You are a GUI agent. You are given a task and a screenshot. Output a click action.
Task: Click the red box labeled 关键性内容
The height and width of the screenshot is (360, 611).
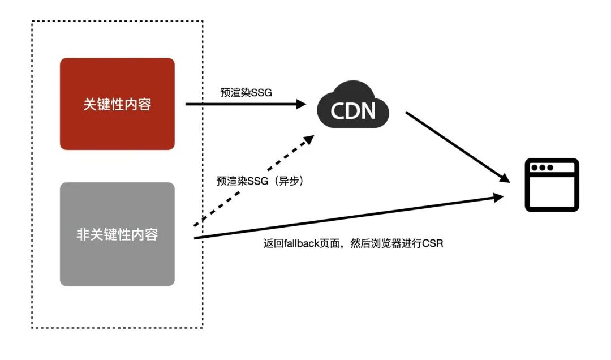pyautogui.click(x=117, y=104)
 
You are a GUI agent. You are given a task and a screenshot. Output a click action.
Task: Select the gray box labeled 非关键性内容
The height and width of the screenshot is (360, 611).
pyautogui.click(x=117, y=234)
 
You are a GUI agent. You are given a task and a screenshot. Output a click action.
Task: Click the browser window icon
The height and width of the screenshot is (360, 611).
pyautogui.click(x=552, y=185)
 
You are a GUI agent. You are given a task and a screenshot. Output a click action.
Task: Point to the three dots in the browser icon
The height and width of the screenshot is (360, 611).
pyautogui.click(x=541, y=168)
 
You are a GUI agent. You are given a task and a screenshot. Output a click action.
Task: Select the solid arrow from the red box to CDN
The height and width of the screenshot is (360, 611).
pyautogui.click(x=243, y=104)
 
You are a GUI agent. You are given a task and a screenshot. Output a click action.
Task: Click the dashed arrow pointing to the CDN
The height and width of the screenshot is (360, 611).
pyautogui.click(x=252, y=181)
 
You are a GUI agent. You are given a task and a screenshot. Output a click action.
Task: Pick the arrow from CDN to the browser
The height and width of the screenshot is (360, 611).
pyautogui.click(x=455, y=146)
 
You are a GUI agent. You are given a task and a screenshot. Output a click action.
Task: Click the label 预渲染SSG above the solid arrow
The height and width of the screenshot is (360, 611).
pyautogui.click(x=246, y=92)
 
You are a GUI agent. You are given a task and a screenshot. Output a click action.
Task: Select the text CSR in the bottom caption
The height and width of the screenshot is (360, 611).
pyautogui.click(x=433, y=244)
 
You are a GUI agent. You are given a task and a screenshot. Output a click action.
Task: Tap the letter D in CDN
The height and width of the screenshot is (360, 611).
pyautogui.click(x=353, y=110)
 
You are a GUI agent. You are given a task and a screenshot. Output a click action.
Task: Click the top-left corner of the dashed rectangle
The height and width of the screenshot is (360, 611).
pyautogui.click(x=32, y=22)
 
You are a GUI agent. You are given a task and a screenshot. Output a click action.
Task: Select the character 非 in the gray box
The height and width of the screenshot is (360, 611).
pyautogui.click(x=83, y=234)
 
